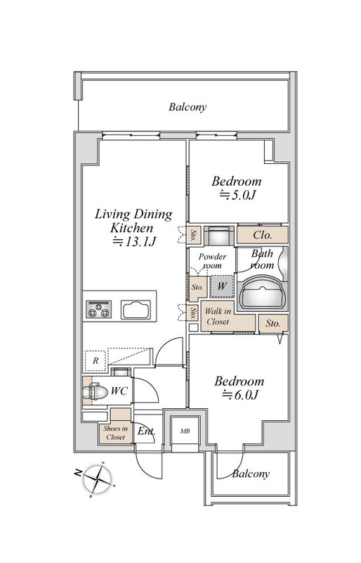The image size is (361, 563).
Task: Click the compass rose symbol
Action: (x=97, y=479)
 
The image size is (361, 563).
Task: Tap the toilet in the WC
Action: (x=96, y=392)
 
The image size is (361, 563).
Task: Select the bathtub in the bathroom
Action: (x=263, y=292)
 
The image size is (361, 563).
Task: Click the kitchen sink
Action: (x=136, y=310)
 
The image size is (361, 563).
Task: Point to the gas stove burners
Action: (x=98, y=310)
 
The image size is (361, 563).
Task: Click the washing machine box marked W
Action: (x=222, y=286)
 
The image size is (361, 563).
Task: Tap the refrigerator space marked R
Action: (x=96, y=361)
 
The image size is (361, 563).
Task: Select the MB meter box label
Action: (x=185, y=431)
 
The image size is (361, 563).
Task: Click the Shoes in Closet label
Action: (x=115, y=433)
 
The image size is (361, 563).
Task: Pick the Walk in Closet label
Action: (x=218, y=316)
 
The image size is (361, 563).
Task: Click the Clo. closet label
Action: (x=263, y=235)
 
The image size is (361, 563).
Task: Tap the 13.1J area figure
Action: (x=134, y=241)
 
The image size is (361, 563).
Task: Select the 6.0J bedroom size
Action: (x=240, y=395)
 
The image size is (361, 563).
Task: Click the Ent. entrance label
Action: (x=146, y=431)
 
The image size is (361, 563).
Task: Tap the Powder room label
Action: (x=212, y=261)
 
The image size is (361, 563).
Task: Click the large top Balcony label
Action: (x=188, y=107)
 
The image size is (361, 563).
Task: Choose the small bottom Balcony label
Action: (x=251, y=474)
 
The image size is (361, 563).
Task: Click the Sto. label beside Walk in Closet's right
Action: (x=273, y=324)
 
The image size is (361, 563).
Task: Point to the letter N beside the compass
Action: (x=77, y=473)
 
